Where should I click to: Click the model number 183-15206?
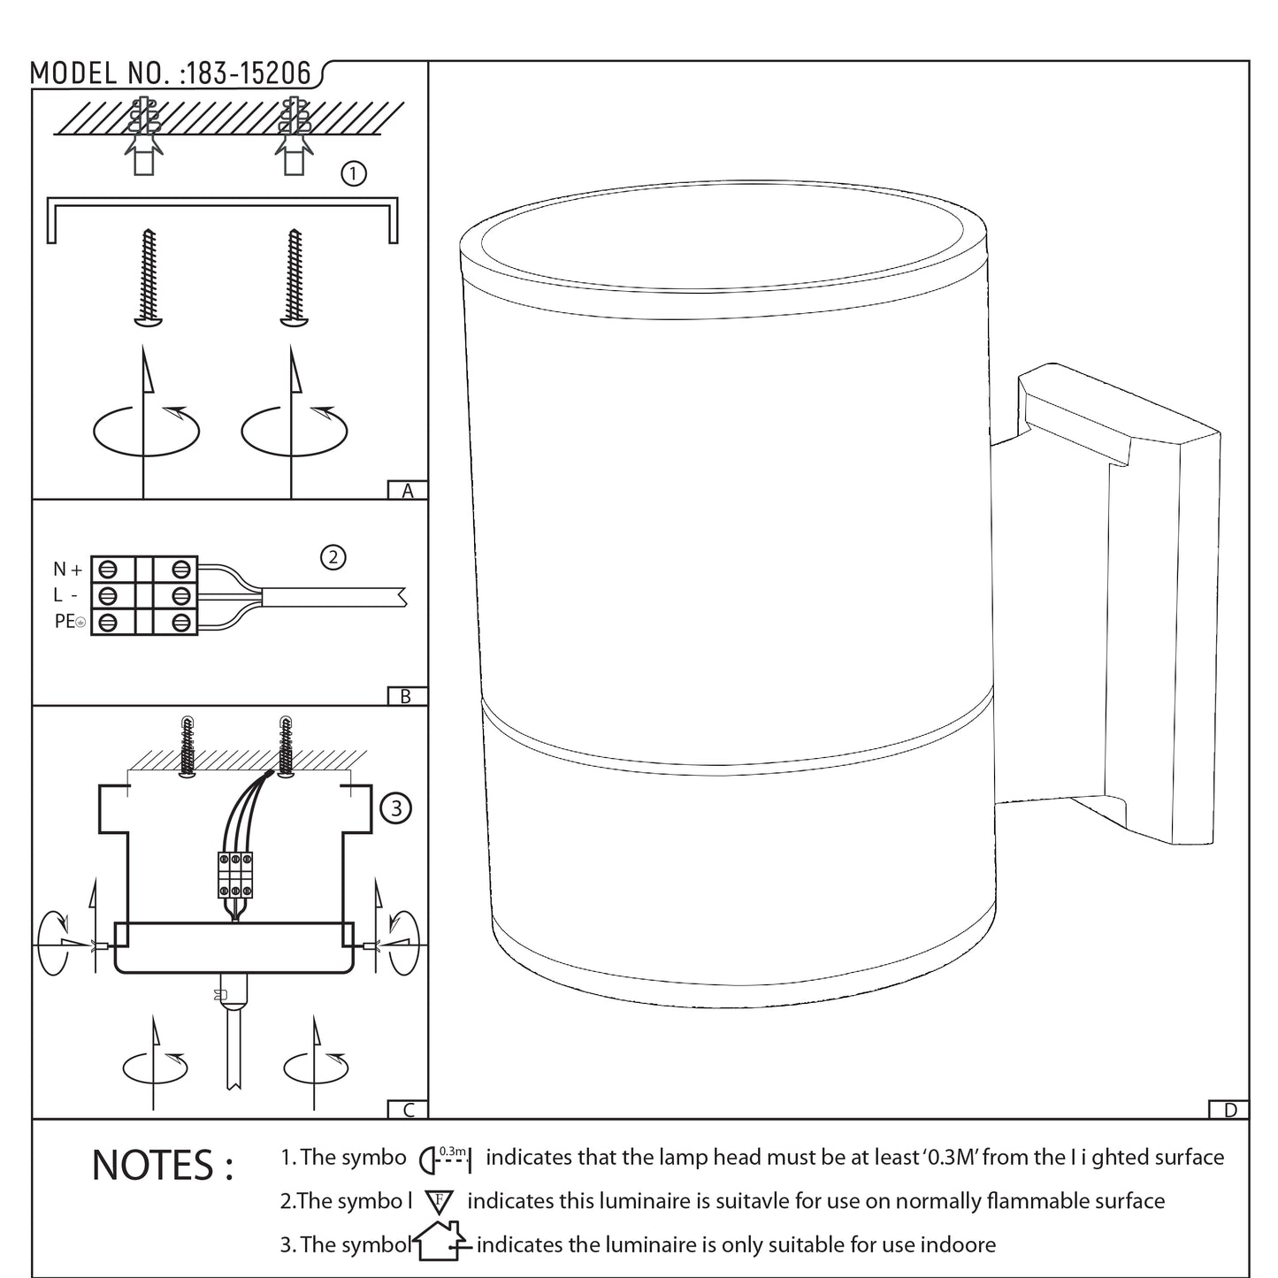pos(249,73)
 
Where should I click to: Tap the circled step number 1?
pos(354,173)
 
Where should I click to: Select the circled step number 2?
pos(333,557)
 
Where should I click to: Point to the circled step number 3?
pos(396,808)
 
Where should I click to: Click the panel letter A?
pos(407,490)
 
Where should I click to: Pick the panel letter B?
pos(406,696)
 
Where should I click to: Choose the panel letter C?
pos(409,1110)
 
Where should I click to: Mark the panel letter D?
pos(1229,1110)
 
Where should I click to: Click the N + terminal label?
pos(67,569)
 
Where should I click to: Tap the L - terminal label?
pos(65,595)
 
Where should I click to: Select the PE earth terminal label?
pos(70,622)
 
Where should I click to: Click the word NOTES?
pos(163,1166)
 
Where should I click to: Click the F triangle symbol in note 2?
pos(439,1201)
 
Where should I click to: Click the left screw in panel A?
pos(149,277)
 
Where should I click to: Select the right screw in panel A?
pos(295,277)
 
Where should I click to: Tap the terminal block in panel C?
pos(235,875)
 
